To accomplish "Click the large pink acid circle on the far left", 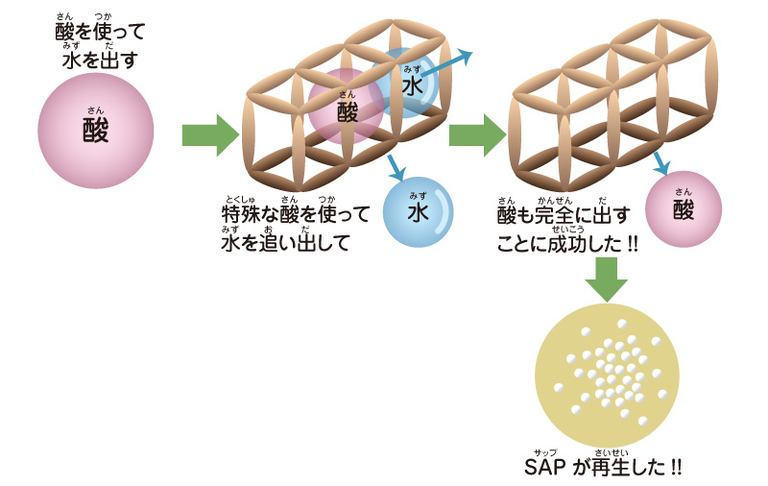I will (95, 130).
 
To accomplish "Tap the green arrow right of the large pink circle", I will (210, 135).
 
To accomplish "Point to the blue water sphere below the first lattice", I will (418, 212).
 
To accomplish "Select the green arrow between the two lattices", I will (478, 135).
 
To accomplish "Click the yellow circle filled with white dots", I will (606, 370).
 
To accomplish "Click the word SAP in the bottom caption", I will (546, 469).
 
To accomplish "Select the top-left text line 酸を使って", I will (101, 33).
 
